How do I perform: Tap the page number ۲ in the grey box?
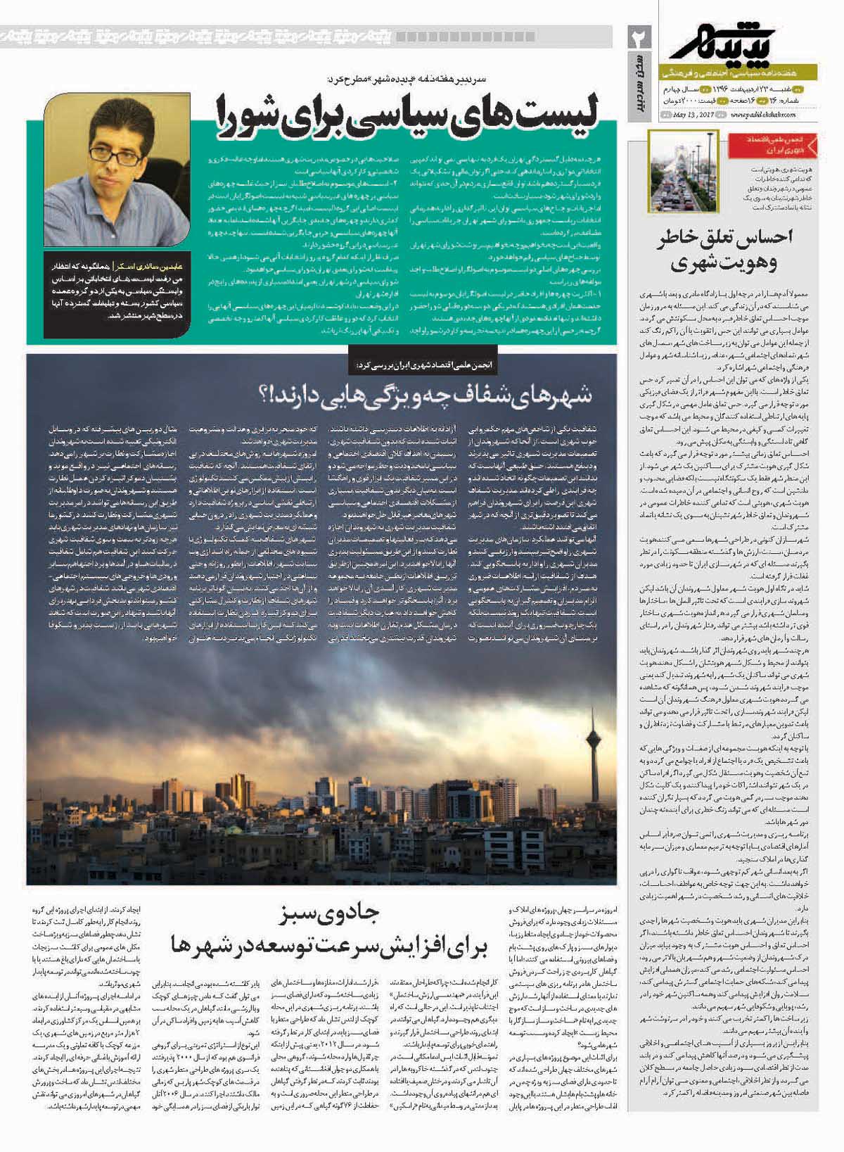pos(642,37)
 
